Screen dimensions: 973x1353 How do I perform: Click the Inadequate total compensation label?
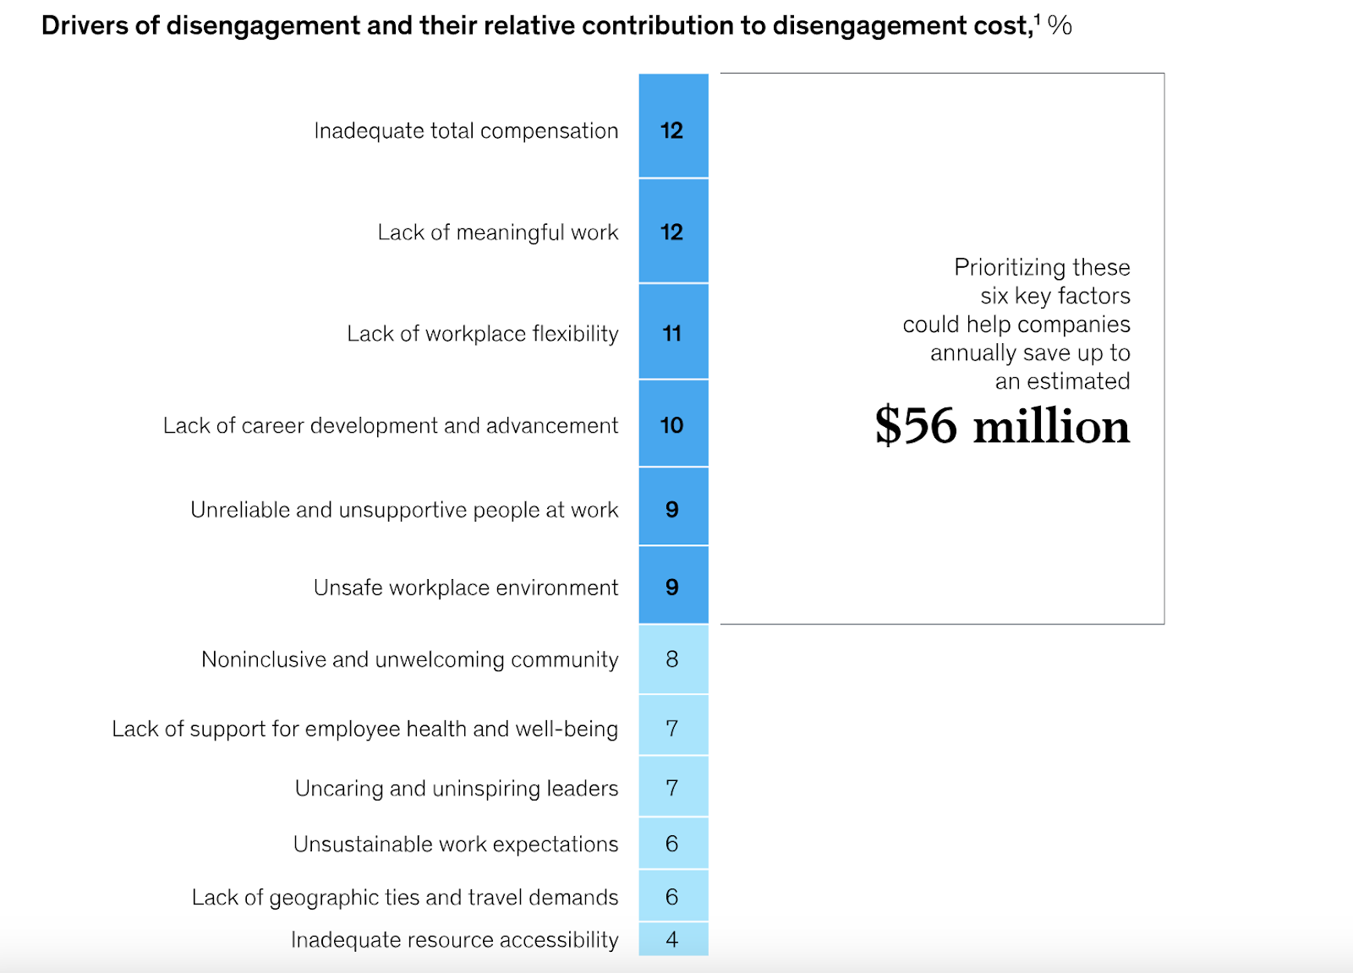466,131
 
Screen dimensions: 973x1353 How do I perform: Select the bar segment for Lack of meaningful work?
673,232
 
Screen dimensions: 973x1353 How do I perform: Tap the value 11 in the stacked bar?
672,334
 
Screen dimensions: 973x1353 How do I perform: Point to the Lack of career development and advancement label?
391,425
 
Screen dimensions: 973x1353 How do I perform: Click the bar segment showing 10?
673,424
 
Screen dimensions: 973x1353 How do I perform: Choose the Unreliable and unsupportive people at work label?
404,510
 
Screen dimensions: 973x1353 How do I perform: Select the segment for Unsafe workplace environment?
673,587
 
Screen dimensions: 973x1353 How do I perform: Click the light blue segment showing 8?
673,659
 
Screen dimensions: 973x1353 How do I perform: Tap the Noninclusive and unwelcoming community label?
410,659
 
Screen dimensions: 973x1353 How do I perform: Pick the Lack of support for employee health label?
365,729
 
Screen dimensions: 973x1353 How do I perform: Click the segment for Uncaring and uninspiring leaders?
673,788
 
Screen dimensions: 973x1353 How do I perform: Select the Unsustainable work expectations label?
456,844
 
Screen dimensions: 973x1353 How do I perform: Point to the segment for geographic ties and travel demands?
673,897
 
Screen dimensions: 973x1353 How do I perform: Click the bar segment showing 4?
673,939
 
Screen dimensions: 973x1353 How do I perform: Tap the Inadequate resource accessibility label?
455,940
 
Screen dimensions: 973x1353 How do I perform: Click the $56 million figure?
1002,426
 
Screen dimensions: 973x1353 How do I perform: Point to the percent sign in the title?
1060,25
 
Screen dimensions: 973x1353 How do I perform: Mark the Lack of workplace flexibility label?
483,334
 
